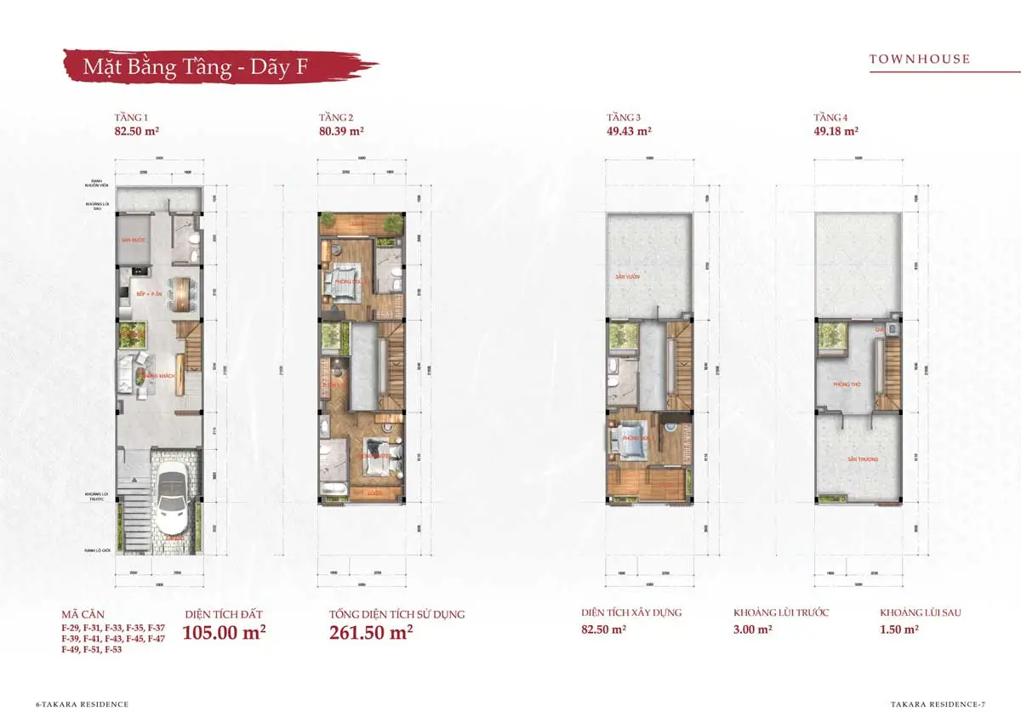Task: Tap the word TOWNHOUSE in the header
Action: [x=919, y=60]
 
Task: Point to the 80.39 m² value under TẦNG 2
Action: [x=341, y=132]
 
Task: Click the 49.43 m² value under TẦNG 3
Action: [x=629, y=132]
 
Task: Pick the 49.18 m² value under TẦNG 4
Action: [x=836, y=132]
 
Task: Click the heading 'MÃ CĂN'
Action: [x=83, y=613]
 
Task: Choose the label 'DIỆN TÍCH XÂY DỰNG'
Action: [x=631, y=612]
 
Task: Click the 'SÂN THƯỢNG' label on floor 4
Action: [x=858, y=459]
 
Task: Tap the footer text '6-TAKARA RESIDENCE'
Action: [x=82, y=704]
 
